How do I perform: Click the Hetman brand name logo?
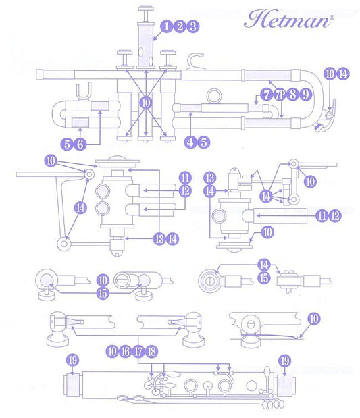[x=288, y=19]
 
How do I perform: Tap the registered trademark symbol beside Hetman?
[x=332, y=18]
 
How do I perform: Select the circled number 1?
[x=166, y=26]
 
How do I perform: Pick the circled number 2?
[x=180, y=26]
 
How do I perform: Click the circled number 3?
[x=192, y=26]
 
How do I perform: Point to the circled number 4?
[x=190, y=142]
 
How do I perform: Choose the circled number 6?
[x=80, y=145]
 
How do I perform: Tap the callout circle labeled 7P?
[x=279, y=95]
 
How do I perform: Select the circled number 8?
[x=292, y=94]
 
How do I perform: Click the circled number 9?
[x=306, y=94]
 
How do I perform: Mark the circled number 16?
[x=126, y=351]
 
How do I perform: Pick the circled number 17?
[x=138, y=351]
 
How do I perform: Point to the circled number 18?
[x=151, y=351]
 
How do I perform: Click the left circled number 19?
[x=72, y=361]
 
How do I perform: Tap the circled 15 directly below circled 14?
[x=264, y=278]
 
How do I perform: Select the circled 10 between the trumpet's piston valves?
[x=146, y=103]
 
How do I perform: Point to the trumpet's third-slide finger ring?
[x=214, y=95]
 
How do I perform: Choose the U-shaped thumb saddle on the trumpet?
[x=84, y=91]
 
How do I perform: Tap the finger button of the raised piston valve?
[x=146, y=8]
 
